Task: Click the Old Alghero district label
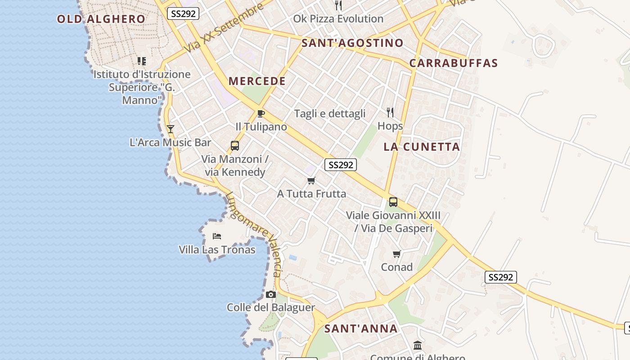coord(101,19)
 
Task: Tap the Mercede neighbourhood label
coord(257,81)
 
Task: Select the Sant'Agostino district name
coord(352,43)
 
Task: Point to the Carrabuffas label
coord(454,63)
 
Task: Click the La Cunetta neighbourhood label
coord(422,147)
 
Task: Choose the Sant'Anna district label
coord(361,328)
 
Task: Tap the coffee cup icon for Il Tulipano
coord(261,113)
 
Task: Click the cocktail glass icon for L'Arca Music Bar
coord(171,129)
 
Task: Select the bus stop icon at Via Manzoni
coord(234,145)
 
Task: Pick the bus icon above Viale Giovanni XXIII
coord(393,202)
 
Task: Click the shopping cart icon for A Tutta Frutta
coord(311,181)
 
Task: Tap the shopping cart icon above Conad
coord(396,254)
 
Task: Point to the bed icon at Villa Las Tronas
coord(217,236)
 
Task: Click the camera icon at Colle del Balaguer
coord(270,295)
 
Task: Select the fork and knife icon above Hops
coord(390,112)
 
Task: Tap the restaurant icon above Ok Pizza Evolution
coord(338,5)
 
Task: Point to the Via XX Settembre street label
coord(224,28)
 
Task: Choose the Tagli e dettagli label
coord(329,113)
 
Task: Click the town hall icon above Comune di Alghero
coord(417,346)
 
